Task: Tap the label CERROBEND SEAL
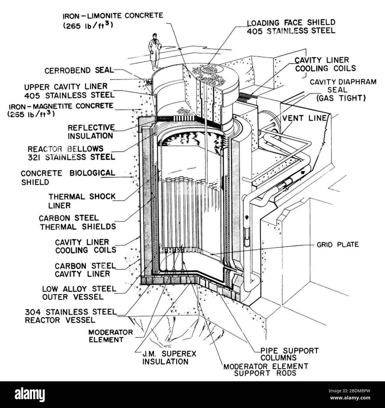(x=79, y=71)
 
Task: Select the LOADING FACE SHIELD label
(x=291, y=26)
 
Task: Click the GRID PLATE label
(x=337, y=245)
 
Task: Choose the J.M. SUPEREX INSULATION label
(x=165, y=358)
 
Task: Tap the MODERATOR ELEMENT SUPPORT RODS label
(x=266, y=369)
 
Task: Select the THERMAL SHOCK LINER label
(x=82, y=201)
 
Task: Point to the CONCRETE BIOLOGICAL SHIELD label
(x=68, y=177)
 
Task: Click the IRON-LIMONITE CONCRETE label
(x=113, y=20)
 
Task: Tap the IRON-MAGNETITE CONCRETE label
(x=61, y=109)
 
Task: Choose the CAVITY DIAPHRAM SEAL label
(x=343, y=90)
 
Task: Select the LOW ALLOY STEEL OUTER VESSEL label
(x=79, y=292)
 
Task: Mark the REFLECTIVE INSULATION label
(x=91, y=132)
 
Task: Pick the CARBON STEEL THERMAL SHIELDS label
(x=77, y=222)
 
